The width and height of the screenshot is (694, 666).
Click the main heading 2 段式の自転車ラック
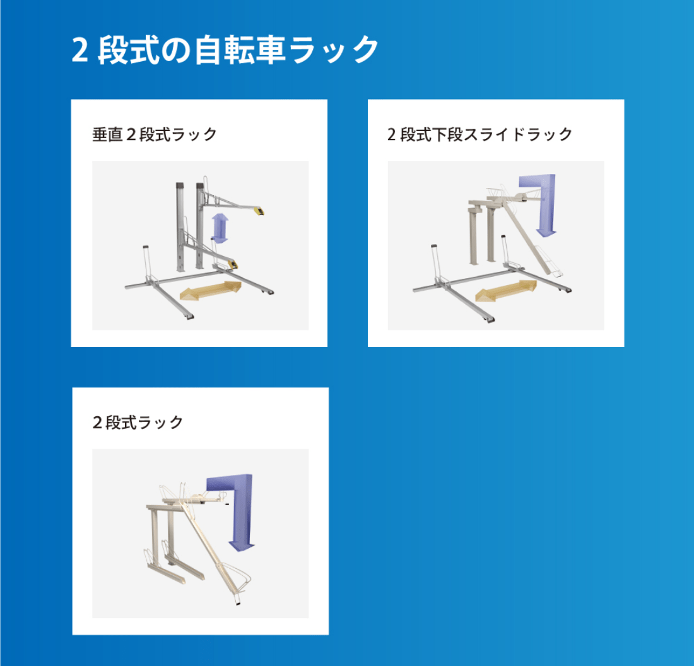(225, 50)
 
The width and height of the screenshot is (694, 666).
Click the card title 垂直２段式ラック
(155, 134)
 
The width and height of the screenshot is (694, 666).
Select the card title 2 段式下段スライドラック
(479, 134)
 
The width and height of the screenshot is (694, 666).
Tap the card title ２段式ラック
(138, 423)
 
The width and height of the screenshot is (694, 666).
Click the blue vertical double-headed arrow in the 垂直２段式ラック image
(220, 228)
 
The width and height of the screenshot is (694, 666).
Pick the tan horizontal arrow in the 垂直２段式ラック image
(211, 291)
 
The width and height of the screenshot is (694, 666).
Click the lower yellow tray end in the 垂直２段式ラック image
(232, 265)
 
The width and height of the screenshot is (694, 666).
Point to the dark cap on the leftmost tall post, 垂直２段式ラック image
(179, 185)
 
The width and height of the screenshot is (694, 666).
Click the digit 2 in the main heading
(79, 50)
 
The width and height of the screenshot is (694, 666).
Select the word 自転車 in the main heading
(240, 50)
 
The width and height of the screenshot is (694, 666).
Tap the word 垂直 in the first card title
(107, 134)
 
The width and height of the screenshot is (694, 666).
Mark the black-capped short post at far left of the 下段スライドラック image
(435, 262)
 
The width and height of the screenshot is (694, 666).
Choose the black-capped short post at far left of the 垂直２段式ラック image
(146, 263)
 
